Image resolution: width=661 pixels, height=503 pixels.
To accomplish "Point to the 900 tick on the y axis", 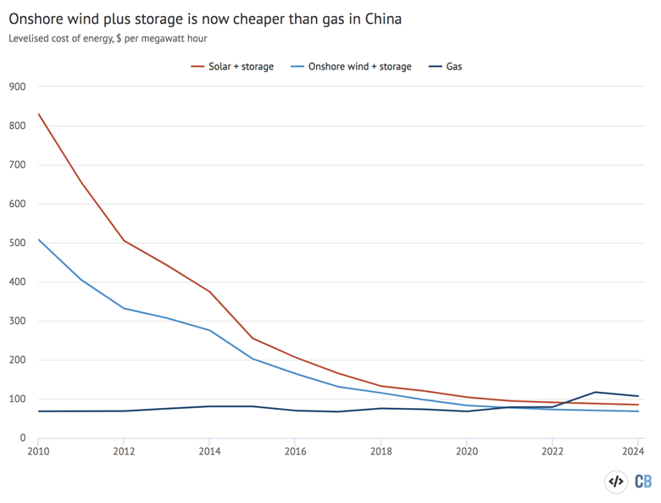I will tap(17, 87).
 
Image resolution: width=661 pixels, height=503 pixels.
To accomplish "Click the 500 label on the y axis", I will tap(17, 243).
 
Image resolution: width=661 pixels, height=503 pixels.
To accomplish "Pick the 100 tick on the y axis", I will tap(17, 400).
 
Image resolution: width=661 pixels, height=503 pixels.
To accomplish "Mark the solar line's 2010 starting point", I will tap(38, 114).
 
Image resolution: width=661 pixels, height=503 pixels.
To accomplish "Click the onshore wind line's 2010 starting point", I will tap(38, 239).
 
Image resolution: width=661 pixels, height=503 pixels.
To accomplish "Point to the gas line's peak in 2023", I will tap(596, 392).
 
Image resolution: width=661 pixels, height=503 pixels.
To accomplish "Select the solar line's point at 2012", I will tap(124, 240).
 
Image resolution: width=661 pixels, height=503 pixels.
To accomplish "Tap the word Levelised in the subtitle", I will tap(32, 38).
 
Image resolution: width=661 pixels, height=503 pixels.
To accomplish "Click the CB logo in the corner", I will tap(642, 481).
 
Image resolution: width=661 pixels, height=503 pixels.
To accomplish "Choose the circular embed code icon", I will tap(616, 481).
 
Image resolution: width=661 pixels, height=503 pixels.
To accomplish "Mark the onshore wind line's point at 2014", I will tap(209, 330).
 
